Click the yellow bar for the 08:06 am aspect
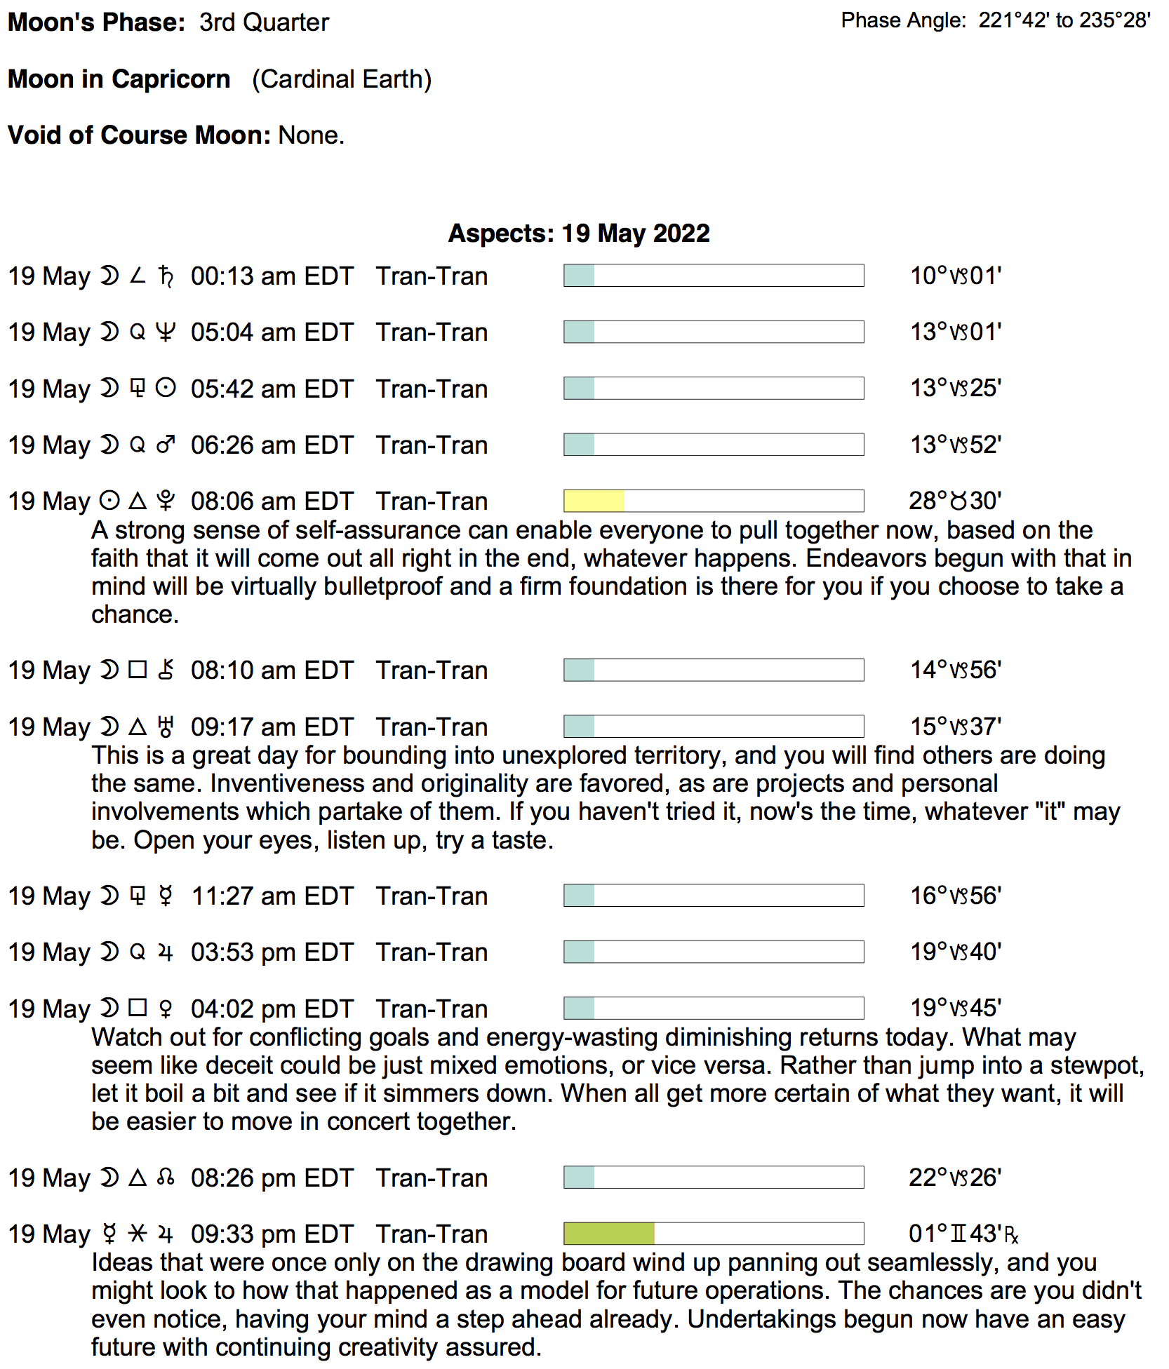[x=594, y=501]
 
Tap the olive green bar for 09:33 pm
[x=608, y=1233]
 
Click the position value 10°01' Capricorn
[x=955, y=276]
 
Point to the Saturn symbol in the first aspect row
[x=166, y=276]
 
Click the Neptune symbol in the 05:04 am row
[x=166, y=332]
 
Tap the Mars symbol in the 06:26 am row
[x=166, y=445]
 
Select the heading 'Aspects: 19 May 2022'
[x=579, y=234]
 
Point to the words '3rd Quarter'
[x=264, y=22]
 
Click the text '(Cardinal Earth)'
[x=342, y=79]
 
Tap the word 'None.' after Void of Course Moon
[x=312, y=135]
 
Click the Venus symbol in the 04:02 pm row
[x=166, y=1009]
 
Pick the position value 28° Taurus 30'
[x=955, y=501]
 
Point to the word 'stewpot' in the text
[x=1096, y=1065]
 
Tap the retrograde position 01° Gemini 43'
[x=963, y=1234]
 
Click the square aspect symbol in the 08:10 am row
[x=138, y=670]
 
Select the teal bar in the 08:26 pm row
[x=579, y=1177]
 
